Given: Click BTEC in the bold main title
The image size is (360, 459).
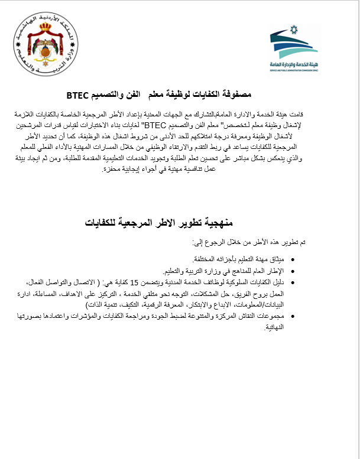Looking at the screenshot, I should click(x=77, y=94).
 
